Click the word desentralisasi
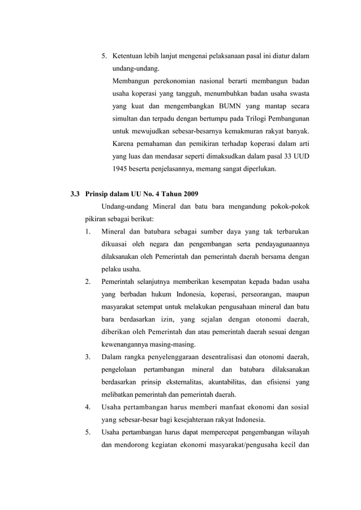(x=214, y=356)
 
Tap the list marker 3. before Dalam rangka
(x=88, y=356)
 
